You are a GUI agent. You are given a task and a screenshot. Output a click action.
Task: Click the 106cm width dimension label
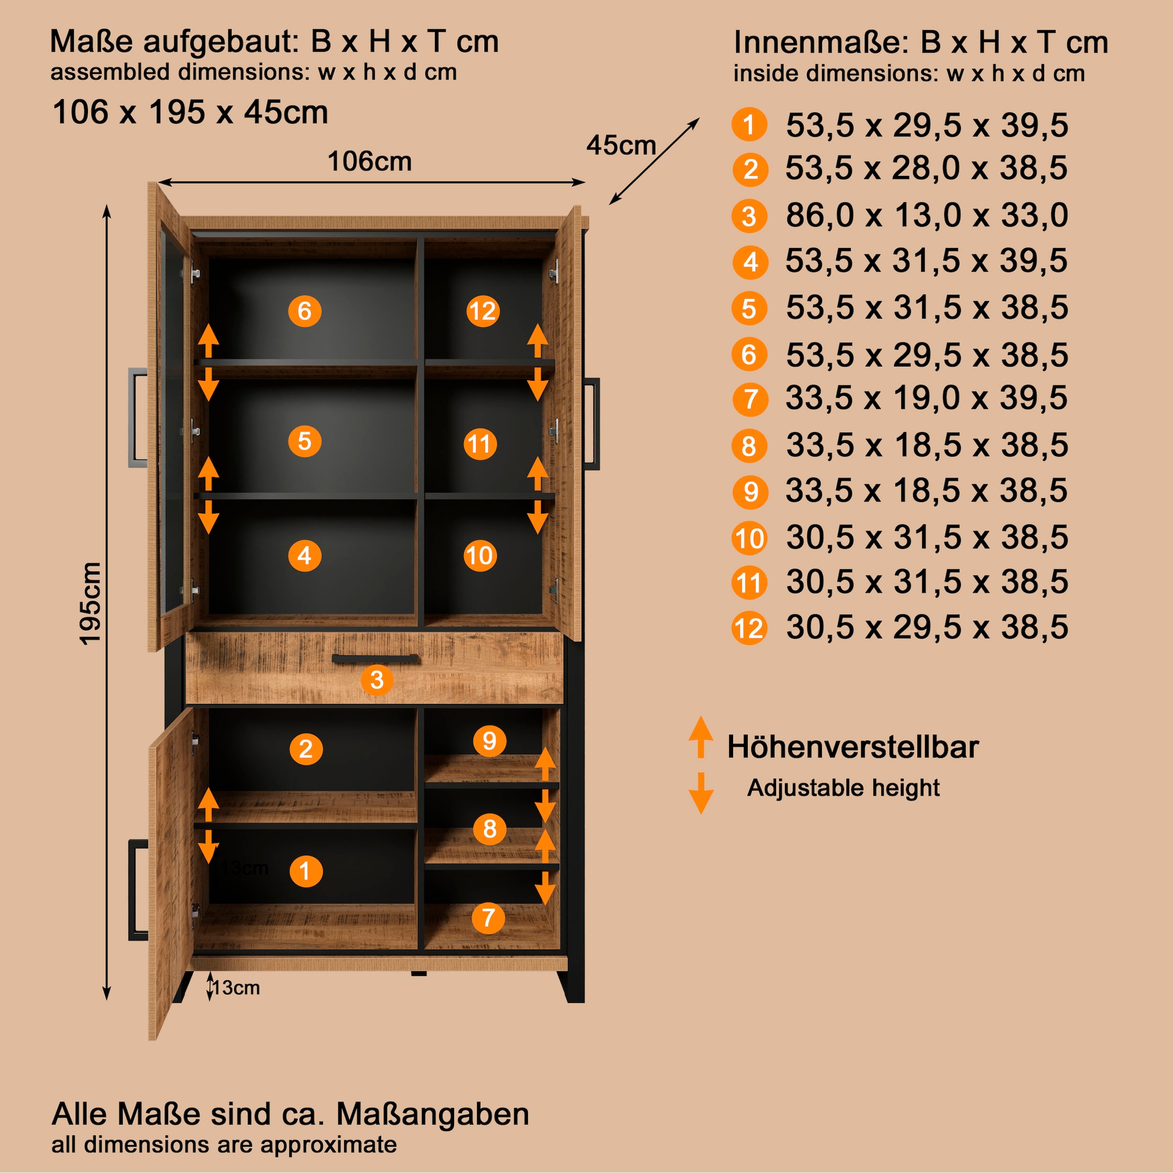pyautogui.click(x=369, y=161)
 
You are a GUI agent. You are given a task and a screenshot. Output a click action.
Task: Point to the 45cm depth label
pyautogui.click(x=621, y=146)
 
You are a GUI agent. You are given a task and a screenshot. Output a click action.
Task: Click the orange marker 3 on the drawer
pyautogui.click(x=376, y=679)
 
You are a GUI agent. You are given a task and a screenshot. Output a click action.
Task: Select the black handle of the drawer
pyautogui.click(x=374, y=659)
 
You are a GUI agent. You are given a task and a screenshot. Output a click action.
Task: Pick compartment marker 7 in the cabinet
pyautogui.click(x=488, y=917)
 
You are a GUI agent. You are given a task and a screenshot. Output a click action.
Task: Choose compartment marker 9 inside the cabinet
pyautogui.click(x=489, y=741)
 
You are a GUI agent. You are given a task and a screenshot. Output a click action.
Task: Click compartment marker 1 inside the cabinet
pyautogui.click(x=306, y=871)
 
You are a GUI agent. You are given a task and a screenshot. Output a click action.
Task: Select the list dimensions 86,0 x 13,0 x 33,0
pyautogui.click(x=927, y=216)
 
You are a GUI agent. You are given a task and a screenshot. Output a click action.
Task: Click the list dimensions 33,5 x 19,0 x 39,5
pyautogui.click(x=927, y=399)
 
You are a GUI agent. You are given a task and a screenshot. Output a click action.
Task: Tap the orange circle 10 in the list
pyautogui.click(x=749, y=539)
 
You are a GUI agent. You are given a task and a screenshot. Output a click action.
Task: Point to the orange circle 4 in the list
pyautogui.click(x=750, y=262)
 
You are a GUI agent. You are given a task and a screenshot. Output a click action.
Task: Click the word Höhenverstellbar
pyautogui.click(x=852, y=747)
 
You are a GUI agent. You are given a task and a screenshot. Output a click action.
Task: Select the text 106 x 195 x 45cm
pyautogui.click(x=190, y=112)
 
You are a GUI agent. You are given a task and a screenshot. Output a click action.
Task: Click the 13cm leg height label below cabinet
pyautogui.click(x=236, y=988)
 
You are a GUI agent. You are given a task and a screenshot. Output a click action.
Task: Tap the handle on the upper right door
pyautogui.click(x=591, y=423)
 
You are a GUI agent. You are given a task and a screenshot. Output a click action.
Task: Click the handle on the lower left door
pyautogui.click(x=138, y=890)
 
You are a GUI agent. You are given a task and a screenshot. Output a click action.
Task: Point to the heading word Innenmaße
pyautogui.click(x=820, y=43)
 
